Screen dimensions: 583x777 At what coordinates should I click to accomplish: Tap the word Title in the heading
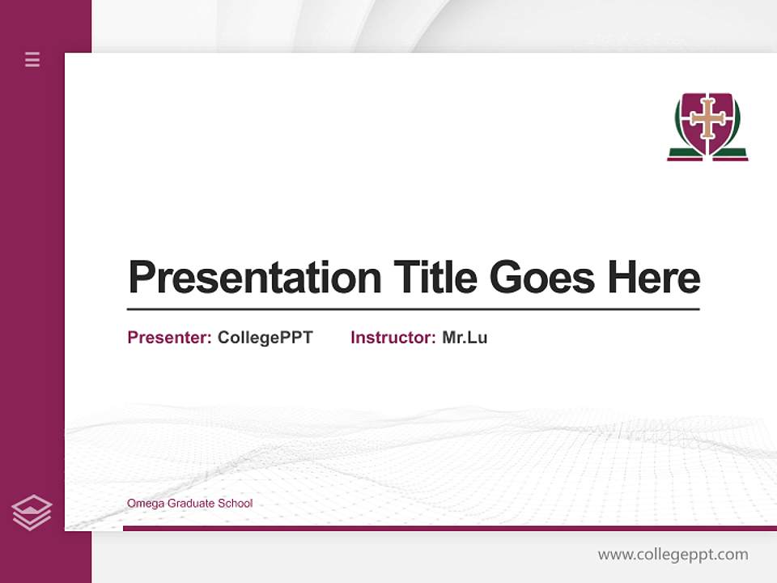point(435,278)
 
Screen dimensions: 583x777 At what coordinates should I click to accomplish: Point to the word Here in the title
point(654,278)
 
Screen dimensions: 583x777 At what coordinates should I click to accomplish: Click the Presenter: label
point(169,338)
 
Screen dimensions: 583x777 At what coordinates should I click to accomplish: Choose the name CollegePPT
point(265,338)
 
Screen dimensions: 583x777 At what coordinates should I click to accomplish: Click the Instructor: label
point(393,338)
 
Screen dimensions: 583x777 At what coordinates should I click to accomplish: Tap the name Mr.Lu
point(465,338)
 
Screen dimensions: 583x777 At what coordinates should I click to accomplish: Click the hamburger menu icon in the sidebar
point(32,59)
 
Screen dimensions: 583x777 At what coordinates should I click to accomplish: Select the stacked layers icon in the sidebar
point(32,513)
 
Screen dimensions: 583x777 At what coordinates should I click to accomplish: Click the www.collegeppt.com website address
point(673,555)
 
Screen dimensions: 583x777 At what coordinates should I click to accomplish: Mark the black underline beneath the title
point(413,309)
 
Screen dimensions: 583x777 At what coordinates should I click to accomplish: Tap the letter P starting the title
point(141,278)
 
